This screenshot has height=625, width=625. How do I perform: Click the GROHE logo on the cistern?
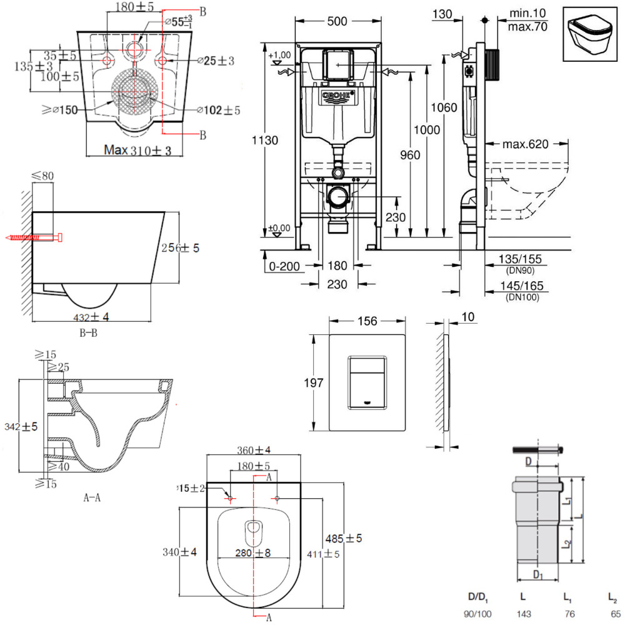tap(337, 96)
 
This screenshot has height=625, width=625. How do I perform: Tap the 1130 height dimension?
tap(269, 141)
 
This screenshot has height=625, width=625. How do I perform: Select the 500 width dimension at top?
tap(337, 21)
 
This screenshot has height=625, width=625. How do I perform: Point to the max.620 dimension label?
tap(525, 144)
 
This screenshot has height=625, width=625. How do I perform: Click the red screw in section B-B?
tap(34, 238)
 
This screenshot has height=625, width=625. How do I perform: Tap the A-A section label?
tap(92, 498)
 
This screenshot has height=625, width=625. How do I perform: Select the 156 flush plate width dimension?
tap(368, 321)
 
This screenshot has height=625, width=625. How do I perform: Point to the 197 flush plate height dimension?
tap(319, 382)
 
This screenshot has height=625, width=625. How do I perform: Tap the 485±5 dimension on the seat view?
tap(343, 538)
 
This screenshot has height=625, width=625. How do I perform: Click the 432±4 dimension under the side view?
tap(93, 317)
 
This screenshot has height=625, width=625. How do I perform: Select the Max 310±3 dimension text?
tap(138, 151)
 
